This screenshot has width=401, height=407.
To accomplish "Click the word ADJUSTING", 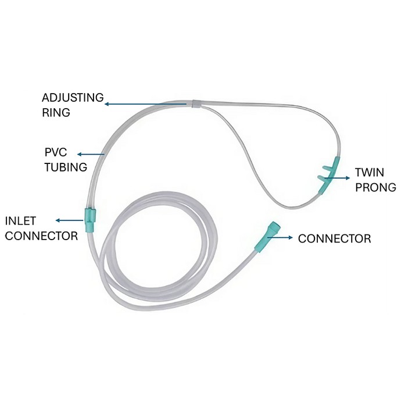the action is (73, 98).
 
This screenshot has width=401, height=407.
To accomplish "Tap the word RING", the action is (56, 113).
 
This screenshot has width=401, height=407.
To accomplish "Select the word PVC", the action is (56, 152).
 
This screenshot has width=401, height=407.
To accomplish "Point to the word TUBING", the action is (66, 167).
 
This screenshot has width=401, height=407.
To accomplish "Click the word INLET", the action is (20, 221).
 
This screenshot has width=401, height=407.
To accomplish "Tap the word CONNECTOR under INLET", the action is (41, 236).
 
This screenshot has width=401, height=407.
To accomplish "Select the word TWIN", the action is (370, 172).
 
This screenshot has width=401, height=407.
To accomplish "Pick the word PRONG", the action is (375, 187).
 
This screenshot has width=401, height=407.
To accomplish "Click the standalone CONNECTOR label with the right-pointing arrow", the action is (335, 239).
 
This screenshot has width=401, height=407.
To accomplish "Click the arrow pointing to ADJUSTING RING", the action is (145, 104).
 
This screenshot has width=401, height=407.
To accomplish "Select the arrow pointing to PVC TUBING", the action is (91, 155).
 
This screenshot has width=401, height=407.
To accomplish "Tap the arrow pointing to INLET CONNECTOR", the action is (70, 220).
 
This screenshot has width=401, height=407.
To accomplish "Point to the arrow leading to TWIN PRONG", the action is (337, 178).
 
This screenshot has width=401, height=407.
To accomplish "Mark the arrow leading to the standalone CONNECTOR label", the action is (280, 237).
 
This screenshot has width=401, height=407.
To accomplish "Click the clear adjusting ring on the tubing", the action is (196, 103).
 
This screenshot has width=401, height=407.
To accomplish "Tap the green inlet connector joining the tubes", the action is (90, 220).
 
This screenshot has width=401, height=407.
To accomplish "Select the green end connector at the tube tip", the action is (267, 237).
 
